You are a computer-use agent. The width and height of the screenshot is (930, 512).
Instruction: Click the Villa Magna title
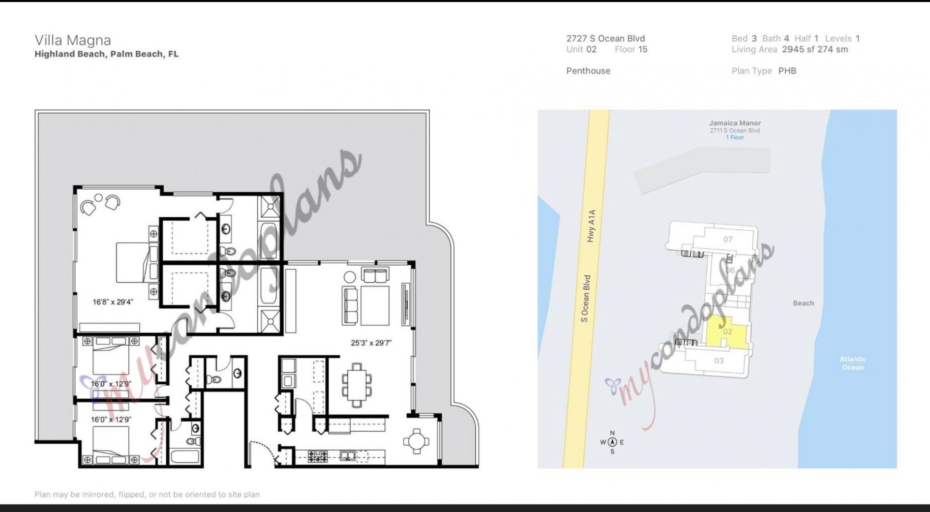[73, 40]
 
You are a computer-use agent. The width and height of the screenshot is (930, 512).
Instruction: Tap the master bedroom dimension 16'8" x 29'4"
[112, 302]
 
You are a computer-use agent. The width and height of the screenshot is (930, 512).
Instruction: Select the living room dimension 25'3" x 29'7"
[371, 343]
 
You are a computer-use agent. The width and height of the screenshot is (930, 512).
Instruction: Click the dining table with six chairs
[357, 385]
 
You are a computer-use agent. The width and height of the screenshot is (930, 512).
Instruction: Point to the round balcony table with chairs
[416, 441]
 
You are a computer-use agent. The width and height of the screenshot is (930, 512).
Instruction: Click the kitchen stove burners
[318, 456]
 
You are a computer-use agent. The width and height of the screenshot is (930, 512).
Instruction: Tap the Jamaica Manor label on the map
[735, 123]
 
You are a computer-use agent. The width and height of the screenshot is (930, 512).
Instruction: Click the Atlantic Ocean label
[852, 363]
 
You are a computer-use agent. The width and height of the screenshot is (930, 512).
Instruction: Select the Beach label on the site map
[803, 303]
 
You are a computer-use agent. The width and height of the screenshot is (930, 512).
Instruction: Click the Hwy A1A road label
[590, 226]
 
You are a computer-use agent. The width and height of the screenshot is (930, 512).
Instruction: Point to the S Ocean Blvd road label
[586, 299]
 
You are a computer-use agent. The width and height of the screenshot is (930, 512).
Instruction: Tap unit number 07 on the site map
[728, 239]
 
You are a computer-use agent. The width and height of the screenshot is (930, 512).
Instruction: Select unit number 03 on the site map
[719, 361]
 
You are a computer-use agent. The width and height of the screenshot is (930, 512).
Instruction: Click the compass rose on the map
[612, 442]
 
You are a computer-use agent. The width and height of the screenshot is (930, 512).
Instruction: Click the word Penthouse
[588, 71]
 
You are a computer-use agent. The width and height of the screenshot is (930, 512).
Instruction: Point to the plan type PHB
[787, 71]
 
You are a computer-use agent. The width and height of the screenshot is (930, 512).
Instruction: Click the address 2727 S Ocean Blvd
[605, 39]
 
